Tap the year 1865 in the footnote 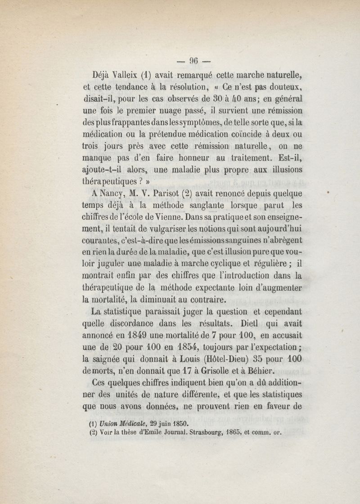pos(245,434)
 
